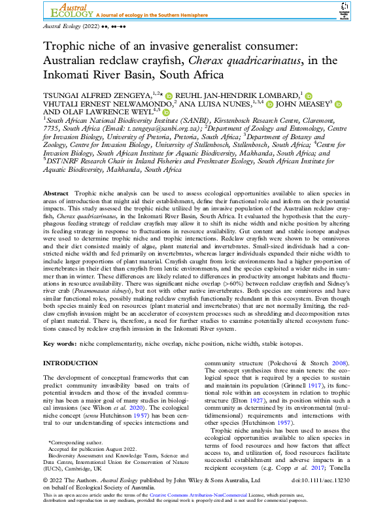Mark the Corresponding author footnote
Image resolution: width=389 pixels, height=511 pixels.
pos(75,443)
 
